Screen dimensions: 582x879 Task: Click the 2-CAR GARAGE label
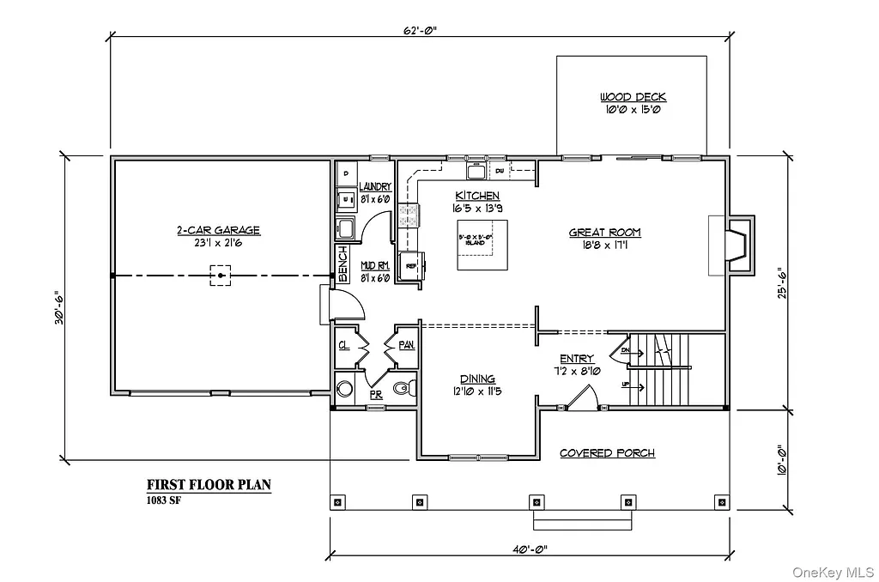point(218,230)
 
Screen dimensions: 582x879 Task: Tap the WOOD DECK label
point(633,97)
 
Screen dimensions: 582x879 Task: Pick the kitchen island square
point(481,245)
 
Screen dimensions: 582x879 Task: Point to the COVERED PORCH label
point(607,453)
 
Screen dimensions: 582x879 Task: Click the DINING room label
point(477,379)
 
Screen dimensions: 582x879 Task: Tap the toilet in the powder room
point(403,389)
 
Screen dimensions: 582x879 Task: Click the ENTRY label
point(576,359)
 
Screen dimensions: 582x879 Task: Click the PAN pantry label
point(405,344)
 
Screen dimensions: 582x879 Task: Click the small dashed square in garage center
point(221,276)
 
